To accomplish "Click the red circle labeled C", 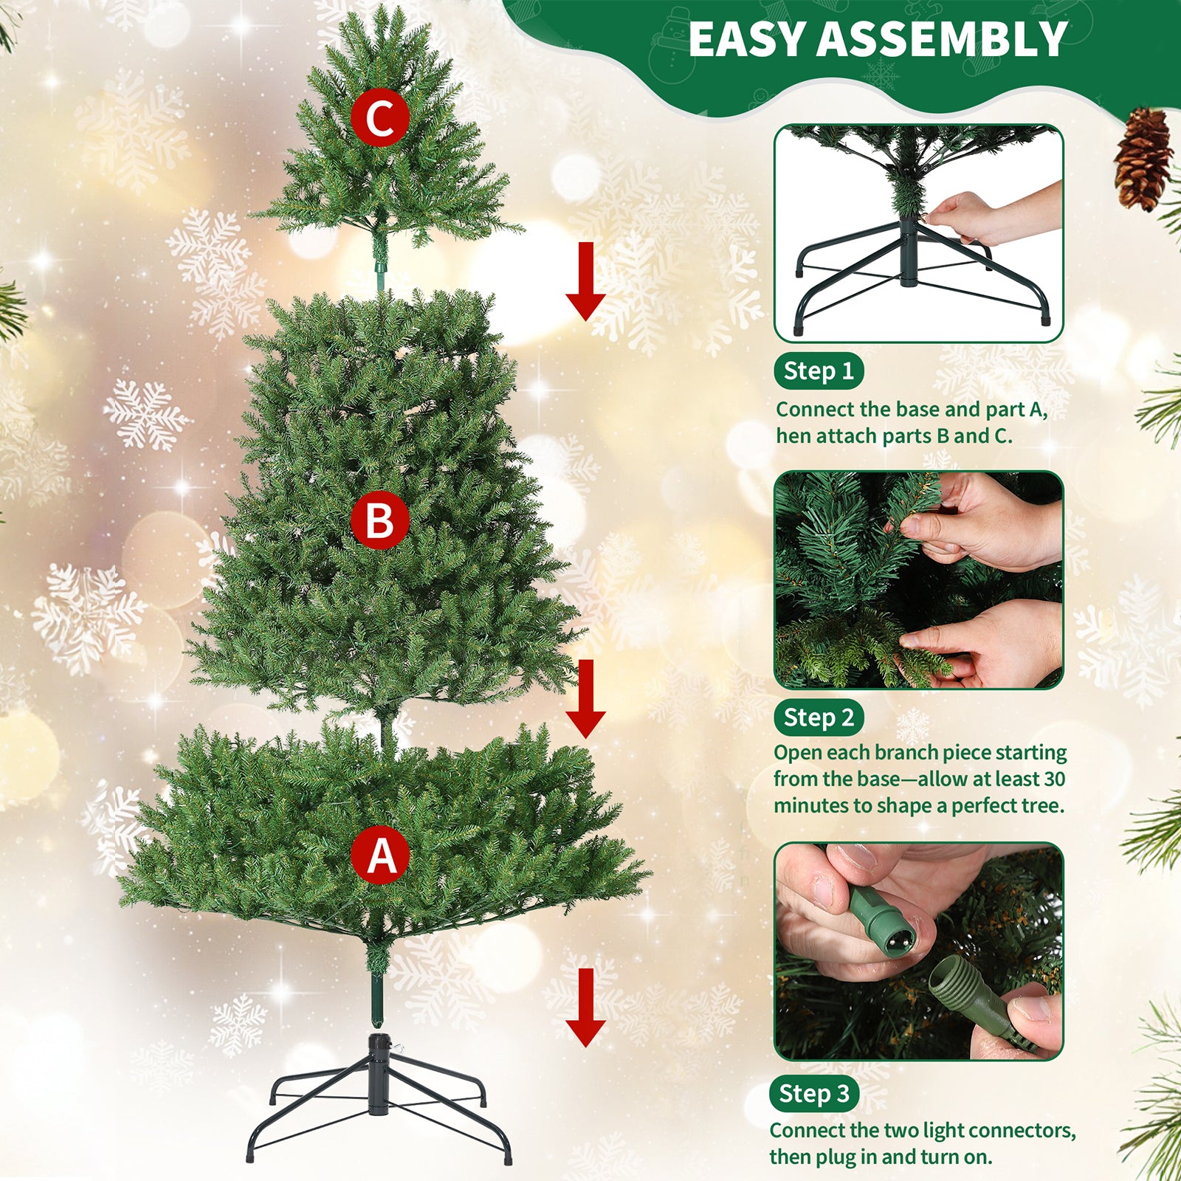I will pos(379,118).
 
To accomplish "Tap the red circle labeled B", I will pos(379,520).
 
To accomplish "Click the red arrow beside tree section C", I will pos(585,281).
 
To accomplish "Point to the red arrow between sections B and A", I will pos(585,698).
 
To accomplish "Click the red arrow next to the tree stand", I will pos(585,1007).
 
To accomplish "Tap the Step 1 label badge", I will pos(818,371).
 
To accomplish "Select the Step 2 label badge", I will pos(818,717).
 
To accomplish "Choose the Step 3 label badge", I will pos(813,1093).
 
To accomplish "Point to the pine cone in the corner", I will pos(1143,159).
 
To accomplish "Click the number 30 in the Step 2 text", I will pos(1054,779).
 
